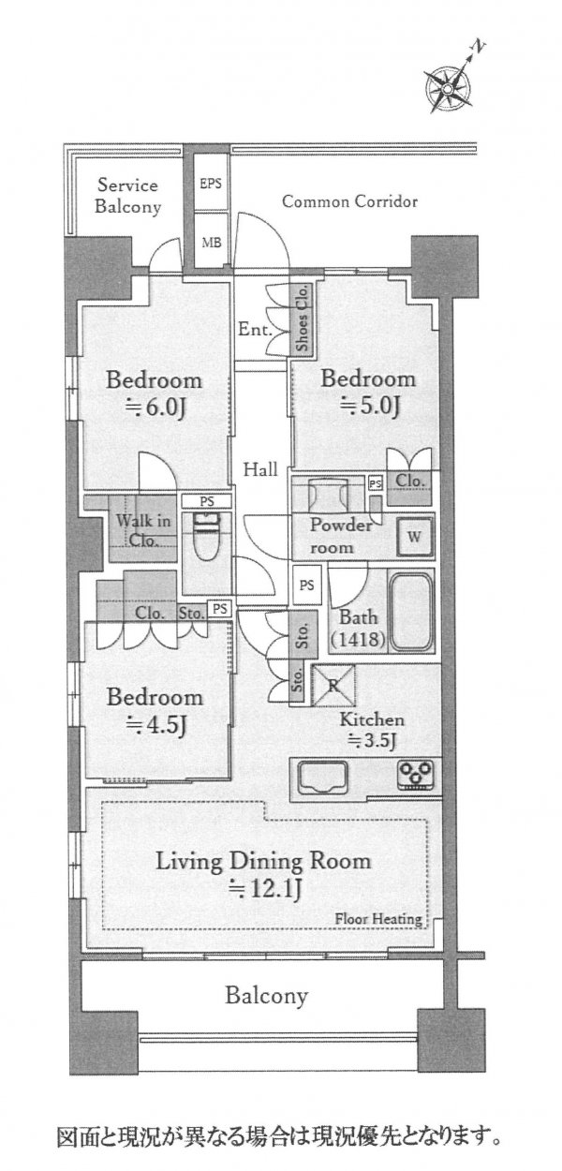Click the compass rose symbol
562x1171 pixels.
click(448, 88)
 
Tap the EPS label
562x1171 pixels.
click(211, 184)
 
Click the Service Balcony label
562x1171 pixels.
click(128, 196)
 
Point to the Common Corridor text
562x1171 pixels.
click(349, 201)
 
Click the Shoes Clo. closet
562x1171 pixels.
click(302, 319)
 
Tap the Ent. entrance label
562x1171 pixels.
click(255, 330)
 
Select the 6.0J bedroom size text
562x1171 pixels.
click(155, 408)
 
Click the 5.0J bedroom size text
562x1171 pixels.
click(370, 406)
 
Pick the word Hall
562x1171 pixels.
click(260, 469)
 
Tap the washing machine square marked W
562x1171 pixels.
click(414, 537)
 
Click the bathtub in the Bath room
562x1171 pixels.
click(411, 611)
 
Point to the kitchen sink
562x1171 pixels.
click(322, 778)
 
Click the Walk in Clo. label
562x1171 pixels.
click(142, 530)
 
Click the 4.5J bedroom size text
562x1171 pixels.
click(156, 724)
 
